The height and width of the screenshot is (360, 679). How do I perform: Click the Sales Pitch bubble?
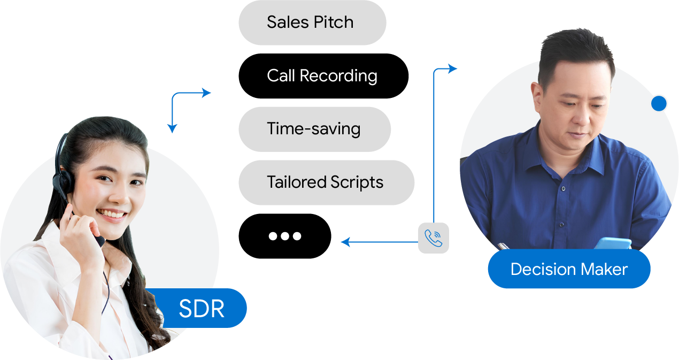tap(310, 22)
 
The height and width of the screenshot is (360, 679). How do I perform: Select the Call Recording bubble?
tap(322, 76)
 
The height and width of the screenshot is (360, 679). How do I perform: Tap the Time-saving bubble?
tap(314, 129)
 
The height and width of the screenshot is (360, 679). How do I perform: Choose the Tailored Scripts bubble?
tap(325, 182)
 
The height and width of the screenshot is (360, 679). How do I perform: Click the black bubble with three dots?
tap(286, 236)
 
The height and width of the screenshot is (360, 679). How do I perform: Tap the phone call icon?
tap(434, 239)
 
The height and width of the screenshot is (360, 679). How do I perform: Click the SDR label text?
tap(202, 309)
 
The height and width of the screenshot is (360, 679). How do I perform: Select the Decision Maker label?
tap(569, 269)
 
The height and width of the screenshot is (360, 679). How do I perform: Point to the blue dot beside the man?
tap(659, 104)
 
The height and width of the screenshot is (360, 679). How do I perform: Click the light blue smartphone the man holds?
tap(613, 243)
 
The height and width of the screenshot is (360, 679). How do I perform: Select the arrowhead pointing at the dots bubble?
tap(345, 242)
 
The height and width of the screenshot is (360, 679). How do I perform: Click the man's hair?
tap(575, 48)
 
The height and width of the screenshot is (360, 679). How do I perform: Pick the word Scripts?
tap(357, 182)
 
